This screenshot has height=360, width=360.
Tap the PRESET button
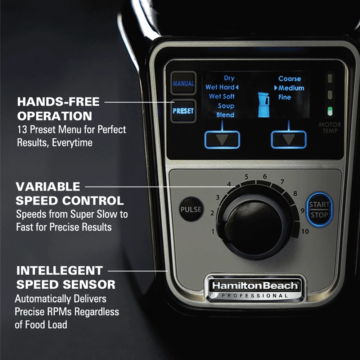point(183,111)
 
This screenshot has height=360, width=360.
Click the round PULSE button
point(191,209)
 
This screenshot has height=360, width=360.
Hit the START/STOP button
point(319,210)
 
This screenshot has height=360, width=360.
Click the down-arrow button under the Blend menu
point(222,139)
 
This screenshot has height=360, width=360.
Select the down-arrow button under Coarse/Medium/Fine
point(288,139)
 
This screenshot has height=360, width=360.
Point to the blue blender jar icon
point(264,104)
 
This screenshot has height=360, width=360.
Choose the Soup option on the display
point(226,106)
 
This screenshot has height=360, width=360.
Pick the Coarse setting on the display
point(289,78)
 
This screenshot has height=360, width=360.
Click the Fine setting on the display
point(284,97)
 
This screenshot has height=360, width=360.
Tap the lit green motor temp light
point(329,112)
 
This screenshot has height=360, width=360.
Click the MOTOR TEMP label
point(330,127)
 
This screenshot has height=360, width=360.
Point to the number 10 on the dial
point(305,231)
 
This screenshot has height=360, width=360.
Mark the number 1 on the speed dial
point(213,231)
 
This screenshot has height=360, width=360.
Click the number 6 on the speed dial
point(265,176)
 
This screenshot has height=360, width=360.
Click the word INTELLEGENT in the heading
point(59,270)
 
